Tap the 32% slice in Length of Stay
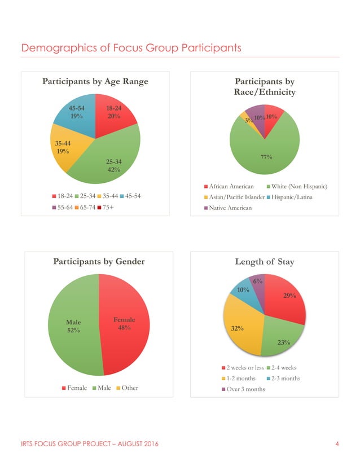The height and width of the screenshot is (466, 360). tap(240, 327)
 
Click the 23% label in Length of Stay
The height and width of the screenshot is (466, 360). tap(284, 342)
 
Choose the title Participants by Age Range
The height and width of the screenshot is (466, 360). tap(95, 82)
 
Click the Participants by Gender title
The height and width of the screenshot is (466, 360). tap(99, 261)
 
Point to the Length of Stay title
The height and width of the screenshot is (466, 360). tap(264, 261)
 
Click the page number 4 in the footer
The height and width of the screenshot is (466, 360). tap(337, 445)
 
